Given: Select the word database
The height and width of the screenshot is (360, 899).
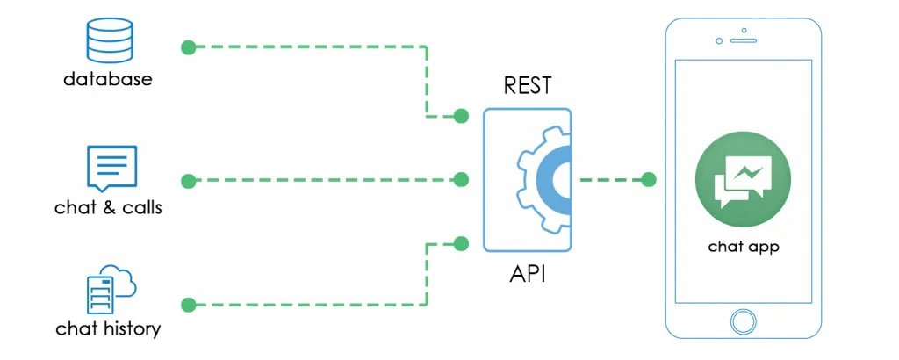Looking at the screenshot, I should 107,79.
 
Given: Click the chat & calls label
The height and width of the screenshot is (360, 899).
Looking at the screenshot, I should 108,208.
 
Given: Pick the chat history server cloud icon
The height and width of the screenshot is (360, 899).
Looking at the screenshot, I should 109,289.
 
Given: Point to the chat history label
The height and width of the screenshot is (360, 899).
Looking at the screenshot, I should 108,329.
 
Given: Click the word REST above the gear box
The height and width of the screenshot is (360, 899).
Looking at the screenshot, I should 528,86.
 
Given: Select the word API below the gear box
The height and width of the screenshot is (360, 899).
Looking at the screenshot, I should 528,273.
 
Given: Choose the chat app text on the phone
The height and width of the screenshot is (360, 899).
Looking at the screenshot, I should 743,247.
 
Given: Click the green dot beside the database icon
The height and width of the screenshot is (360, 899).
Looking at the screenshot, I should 187,47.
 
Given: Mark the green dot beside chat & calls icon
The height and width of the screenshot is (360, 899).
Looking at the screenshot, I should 187,181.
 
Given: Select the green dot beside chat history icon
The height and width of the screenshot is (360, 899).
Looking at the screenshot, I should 187,305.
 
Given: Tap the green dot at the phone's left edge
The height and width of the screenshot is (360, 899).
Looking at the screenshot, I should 649,180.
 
